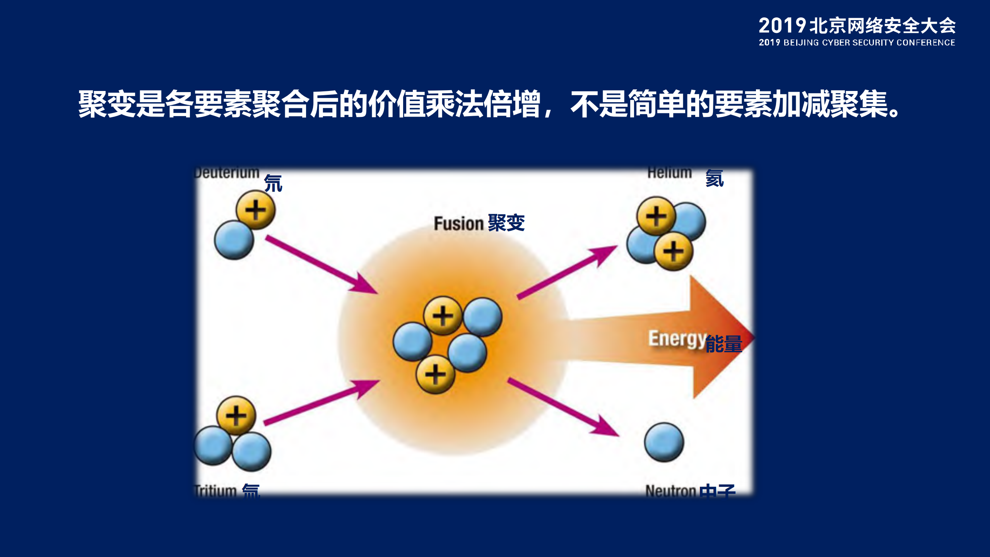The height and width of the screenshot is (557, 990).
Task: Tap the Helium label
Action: click(669, 173)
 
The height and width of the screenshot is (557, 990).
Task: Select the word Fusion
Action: click(458, 224)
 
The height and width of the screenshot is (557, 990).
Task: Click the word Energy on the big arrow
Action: click(677, 339)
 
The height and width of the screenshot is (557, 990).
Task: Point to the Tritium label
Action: click(215, 490)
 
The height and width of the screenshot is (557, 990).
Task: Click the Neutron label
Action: click(670, 491)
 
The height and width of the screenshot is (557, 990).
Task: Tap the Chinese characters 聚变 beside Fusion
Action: click(506, 223)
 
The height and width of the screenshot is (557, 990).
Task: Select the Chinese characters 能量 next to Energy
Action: click(723, 344)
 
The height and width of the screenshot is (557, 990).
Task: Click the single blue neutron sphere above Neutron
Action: click(664, 442)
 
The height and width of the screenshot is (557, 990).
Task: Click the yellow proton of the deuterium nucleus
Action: click(255, 210)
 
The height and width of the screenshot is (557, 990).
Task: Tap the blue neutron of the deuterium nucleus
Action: click(234, 240)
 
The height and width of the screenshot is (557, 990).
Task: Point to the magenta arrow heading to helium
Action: click(567, 271)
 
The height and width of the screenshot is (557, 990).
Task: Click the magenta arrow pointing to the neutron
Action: click(563, 408)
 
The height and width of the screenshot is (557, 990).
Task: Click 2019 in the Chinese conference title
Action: click(781, 26)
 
